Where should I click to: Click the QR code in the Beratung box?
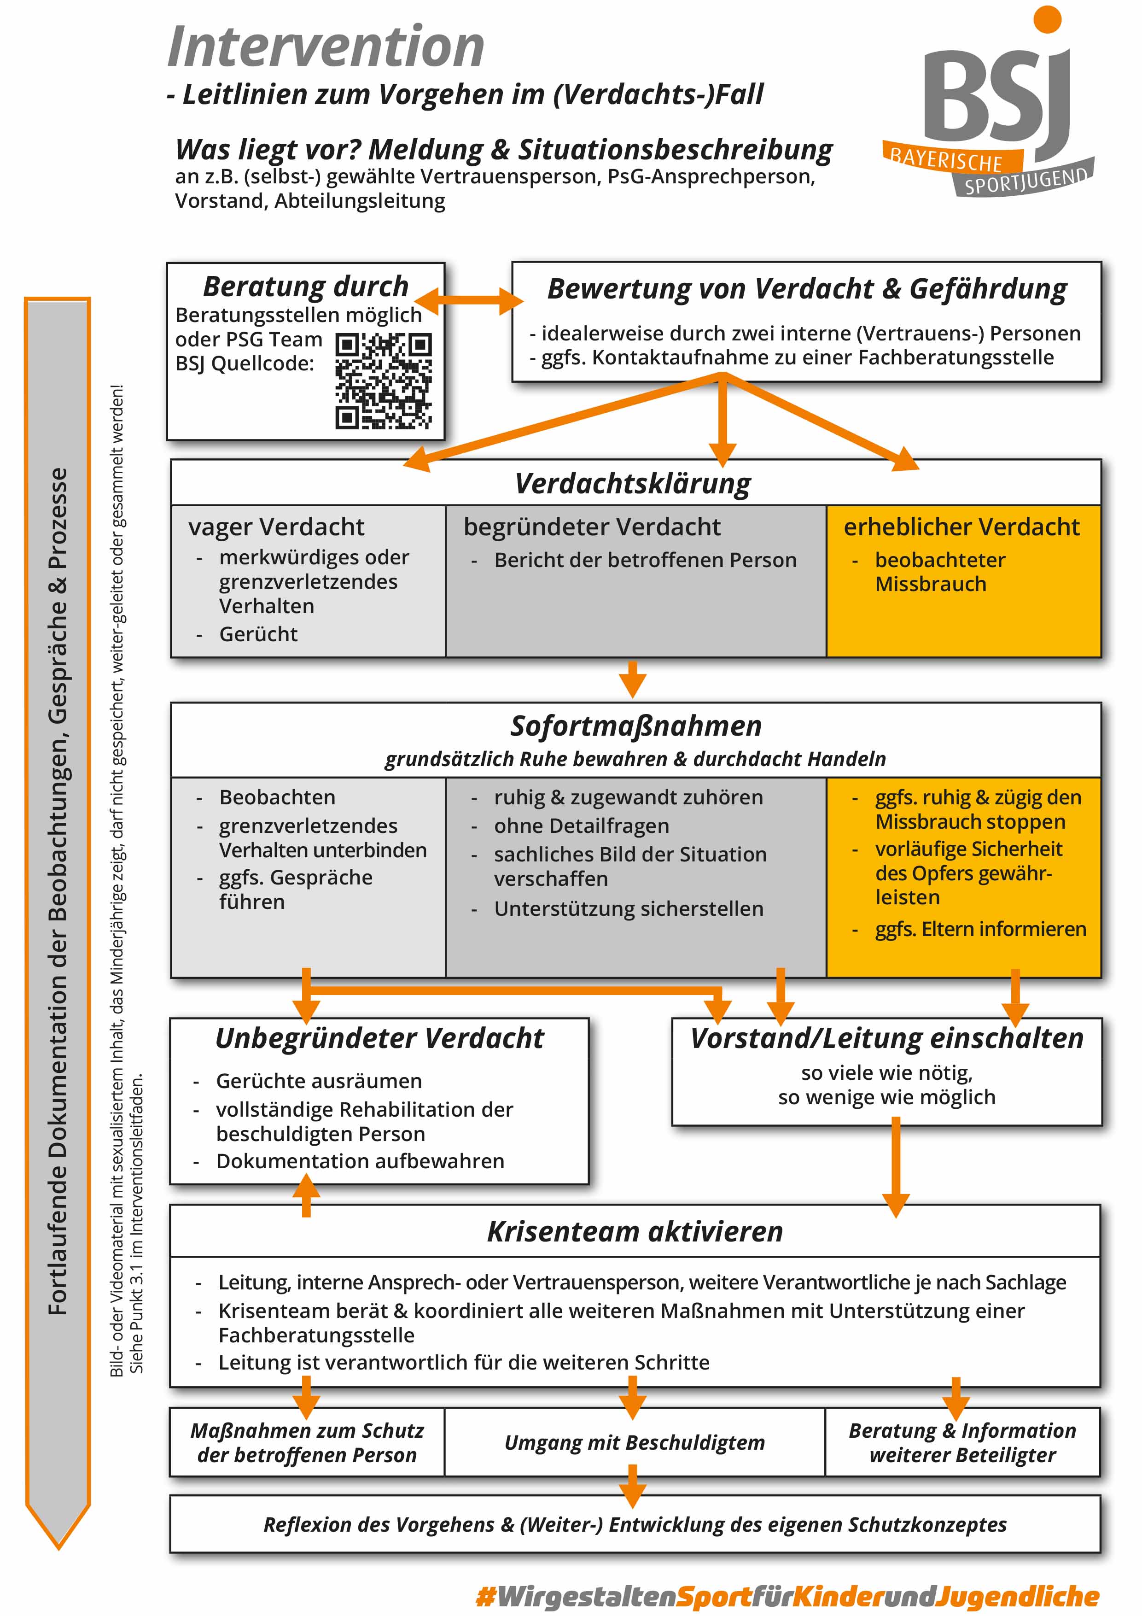(x=384, y=381)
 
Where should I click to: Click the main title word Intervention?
(x=326, y=47)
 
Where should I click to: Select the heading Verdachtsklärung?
(x=633, y=484)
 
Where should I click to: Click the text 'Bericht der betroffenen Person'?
(x=645, y=560)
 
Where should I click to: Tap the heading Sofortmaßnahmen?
(x=636, y=726)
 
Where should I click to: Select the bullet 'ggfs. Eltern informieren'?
(x=980, y=929)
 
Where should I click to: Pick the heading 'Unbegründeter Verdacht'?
(x=379, y=1038)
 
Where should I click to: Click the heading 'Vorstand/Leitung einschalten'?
(x=886, y=1038)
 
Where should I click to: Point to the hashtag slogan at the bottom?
(x=787, y=1596)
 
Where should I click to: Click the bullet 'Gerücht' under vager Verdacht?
(x=258, y=634)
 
